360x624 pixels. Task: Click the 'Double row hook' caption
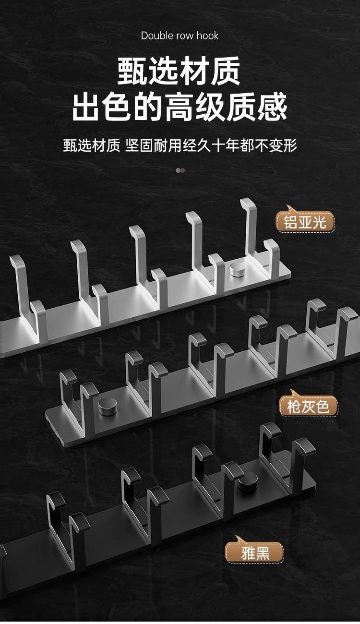[180, 36]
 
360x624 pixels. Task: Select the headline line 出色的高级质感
[180, 108]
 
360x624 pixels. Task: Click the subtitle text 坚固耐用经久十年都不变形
[211, 145]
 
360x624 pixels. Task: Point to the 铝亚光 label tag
[305, 222]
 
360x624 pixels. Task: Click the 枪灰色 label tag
[309, 407]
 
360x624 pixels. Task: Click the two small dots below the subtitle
[180, 170]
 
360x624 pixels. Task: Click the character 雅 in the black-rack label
[248, 553]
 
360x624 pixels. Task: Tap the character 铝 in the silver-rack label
[290, 222]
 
